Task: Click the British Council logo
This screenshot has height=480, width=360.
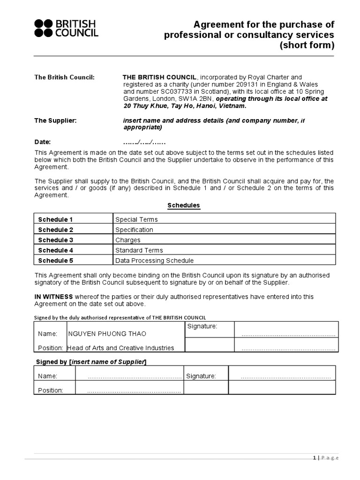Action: click(66, 28)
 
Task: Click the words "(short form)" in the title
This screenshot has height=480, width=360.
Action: click(307, 45)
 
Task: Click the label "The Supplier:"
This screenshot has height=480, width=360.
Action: click(55, 120)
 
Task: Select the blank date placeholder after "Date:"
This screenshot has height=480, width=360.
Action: click(144, 142)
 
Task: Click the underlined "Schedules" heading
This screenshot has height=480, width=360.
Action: click(184, 205)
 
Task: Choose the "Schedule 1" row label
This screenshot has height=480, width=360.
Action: click(55, 219)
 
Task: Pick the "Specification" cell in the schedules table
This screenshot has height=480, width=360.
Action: click(134, 230)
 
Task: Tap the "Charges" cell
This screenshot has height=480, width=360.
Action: click(127, 240)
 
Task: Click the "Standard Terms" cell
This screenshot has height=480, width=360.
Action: click(139, 250)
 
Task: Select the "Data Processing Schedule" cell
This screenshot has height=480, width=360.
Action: click(154, 261)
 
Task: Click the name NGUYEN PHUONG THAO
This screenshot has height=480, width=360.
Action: click(107, 334)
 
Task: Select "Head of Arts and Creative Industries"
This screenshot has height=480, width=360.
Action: click(120, 348)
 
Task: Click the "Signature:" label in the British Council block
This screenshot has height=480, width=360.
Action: click(202, 326)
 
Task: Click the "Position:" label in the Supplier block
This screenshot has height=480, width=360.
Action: click(50, 390)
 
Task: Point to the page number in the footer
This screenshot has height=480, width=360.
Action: click(315, 458)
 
